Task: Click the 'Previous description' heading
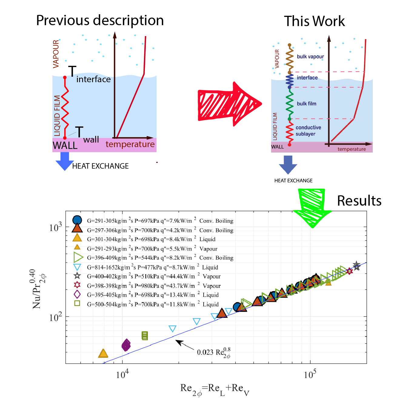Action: pos(100,21)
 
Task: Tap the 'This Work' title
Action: pos(314,21)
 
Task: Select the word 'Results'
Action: pos(359,201)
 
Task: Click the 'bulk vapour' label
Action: pos(310,57)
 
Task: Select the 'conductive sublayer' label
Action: pos(308,131)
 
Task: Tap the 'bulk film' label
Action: pos(306,104)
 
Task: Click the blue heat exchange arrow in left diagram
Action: pos(65,161)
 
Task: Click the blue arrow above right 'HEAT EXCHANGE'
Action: pos(288,164)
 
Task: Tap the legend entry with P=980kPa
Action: pos(154,286)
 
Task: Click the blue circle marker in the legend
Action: pos(77,220)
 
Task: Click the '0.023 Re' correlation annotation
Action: pos(214,352)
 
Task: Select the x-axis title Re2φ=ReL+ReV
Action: pos(215,389)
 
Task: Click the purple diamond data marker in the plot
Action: pos(126,345)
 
